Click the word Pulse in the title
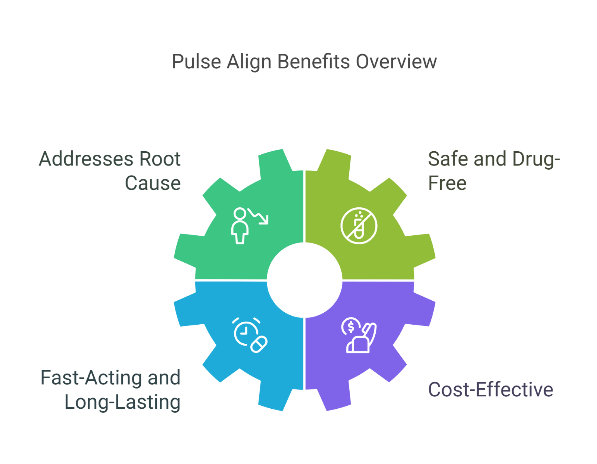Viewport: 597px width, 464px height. click(x=196, y=62)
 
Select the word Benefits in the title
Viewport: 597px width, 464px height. click(x=314, y=62)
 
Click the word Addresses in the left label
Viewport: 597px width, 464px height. click(x=86, y=159)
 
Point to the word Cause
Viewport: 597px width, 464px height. click(x=153, y=183)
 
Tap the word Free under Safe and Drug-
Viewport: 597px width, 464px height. click(x=447, y=183)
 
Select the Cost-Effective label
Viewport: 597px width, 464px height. click(x=490, y=390)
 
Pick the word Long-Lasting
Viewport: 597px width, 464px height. click(x=122, y=402)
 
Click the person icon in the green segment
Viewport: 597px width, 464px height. click(x=240, y=226)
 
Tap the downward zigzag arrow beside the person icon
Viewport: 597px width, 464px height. click(x=259, y=216)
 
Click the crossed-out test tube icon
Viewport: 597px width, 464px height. click(x=359, y=226)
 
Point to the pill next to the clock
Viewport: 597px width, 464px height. click(x=259, y=344)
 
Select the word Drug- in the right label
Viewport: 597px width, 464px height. click(x=536, y=159)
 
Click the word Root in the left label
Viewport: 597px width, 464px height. click(x=160, y=159)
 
